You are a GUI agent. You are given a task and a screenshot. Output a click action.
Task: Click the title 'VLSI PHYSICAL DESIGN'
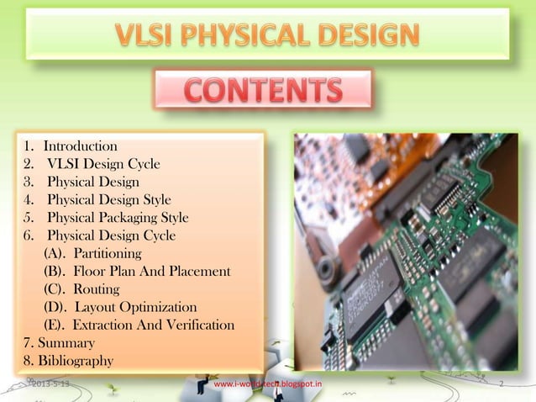click(x=267, y=34)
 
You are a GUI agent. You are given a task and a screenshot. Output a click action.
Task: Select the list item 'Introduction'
click(x=80, y=146)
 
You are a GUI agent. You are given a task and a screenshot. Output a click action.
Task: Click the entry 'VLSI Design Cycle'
click(x=103, y=163)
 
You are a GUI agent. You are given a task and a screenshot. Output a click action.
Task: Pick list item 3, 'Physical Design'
click(x=93, y=181)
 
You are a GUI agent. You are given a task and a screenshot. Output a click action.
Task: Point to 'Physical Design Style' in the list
click(x=109, y=199)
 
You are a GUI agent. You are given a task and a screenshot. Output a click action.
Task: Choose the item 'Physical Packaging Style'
click(x=118, y=217)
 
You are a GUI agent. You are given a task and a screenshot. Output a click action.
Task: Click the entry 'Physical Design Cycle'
click(x=111, y=235)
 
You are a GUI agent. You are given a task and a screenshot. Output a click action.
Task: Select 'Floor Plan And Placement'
click(x=137, y=271)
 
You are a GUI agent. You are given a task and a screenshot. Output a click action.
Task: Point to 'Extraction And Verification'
click(x=139, y=325)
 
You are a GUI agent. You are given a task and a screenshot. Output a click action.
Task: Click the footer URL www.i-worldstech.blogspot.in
click(x=268, y=384)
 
